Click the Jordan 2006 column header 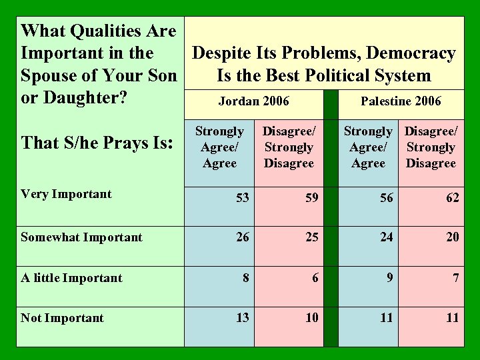[254, 101]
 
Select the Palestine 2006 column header [400, 101]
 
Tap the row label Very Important [66, 194]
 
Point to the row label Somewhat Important [81, 237]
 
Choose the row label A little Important [71, 277]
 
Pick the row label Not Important [62, 318]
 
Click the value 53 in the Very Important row [243, 197]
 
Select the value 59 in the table [311, 197]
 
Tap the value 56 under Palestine [386, 197]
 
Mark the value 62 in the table [453, 197]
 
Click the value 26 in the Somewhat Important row [243, 237]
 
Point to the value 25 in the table [311, 237]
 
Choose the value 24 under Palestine [386, 237]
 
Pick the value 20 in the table [453, 237]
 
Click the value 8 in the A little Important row [246, 277]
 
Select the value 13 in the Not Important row [243, 317]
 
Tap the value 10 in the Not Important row [311, 317]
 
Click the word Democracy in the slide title [411, 53]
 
